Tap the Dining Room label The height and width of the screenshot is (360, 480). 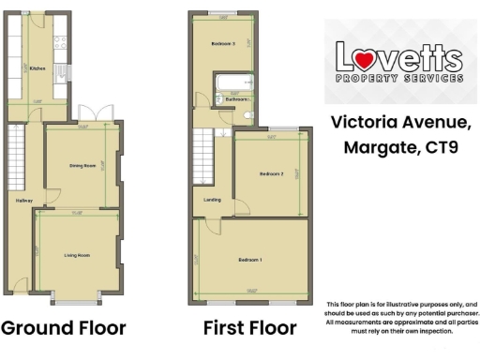pos(82,166)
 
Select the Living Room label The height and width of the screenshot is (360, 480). pos(77,255)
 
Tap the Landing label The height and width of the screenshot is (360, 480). pos(212,200)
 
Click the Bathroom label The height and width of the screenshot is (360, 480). pos(235,98)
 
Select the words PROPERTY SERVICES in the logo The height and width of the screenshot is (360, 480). pos(399,80)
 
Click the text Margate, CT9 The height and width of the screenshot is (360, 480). pos(400,148)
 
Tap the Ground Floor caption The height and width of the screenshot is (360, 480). pos(63,328)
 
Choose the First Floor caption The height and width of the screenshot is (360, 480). pos(249,328)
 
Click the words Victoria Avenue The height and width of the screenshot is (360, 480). pos(400,121)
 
